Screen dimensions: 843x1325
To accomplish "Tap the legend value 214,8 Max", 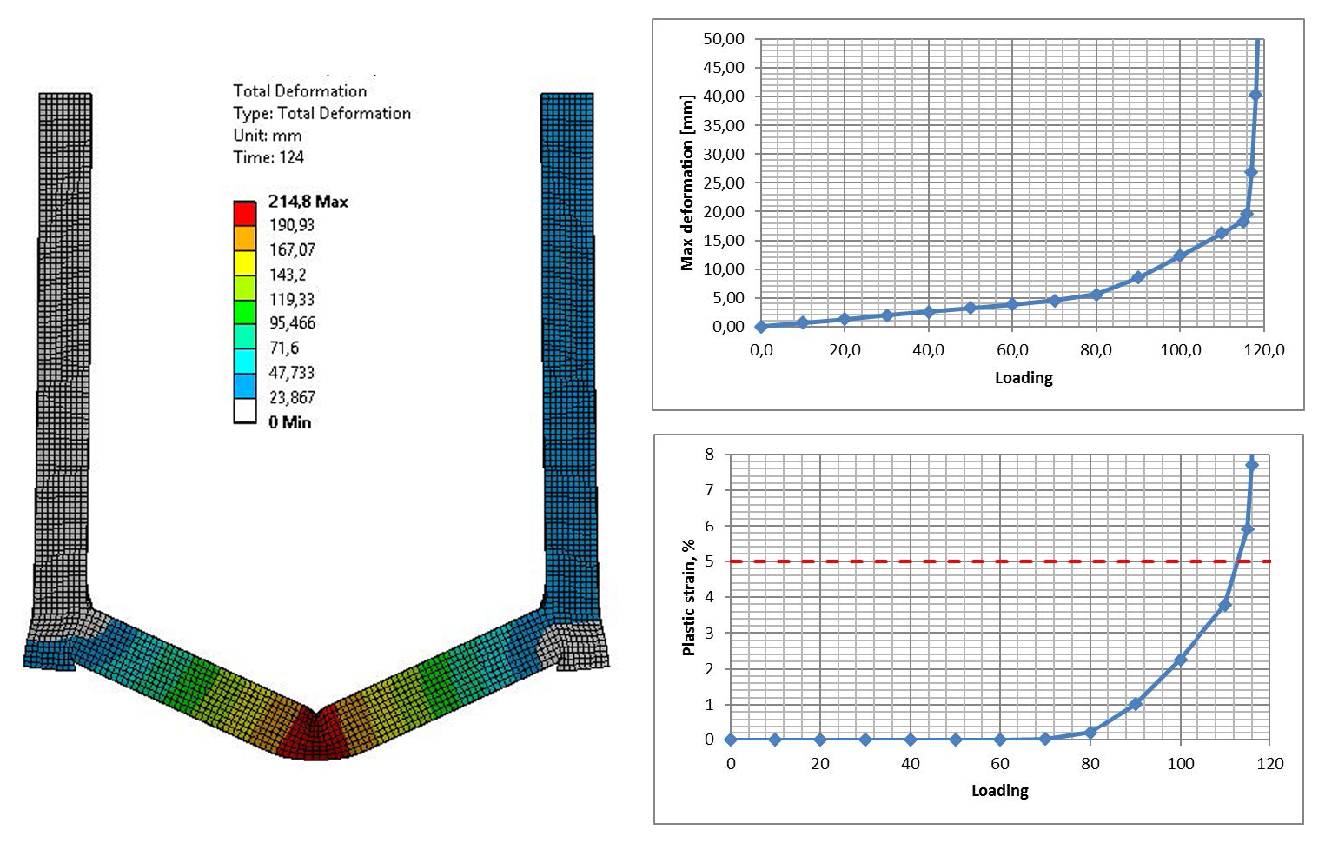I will [308, 202].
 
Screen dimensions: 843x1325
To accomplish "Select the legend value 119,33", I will [292, 299].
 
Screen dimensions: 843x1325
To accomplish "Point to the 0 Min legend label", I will [289, 422].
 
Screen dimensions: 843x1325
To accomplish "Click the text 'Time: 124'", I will [268, 157].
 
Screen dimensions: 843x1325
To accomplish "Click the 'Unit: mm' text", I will [268, 136].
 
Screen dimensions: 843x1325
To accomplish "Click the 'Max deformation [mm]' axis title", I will [687, 183].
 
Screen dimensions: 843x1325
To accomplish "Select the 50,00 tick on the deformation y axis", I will [724, 39].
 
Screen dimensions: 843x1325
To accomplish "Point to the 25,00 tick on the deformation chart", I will [724, 183].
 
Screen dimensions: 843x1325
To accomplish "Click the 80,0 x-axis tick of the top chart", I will [1096, 350].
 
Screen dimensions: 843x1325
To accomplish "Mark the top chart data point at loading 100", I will [1179, 256].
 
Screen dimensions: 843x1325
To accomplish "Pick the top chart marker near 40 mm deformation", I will [1255, 96].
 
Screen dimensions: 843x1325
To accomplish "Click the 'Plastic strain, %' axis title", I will [689, 597].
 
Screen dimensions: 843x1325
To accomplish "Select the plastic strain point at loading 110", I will [1225, 605].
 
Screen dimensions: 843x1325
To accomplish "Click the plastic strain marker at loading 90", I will [1135, 704].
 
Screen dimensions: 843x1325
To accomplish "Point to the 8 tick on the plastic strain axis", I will [710, 455].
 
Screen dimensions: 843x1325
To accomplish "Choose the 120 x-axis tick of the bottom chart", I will [1269, 764].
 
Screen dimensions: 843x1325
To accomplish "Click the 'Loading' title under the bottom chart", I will [999, 791].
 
